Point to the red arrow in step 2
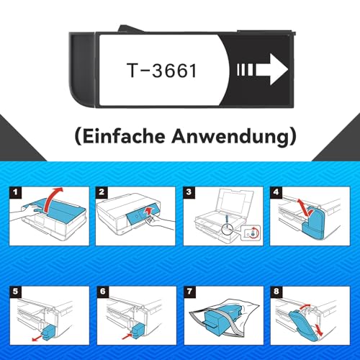point(149,212)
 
